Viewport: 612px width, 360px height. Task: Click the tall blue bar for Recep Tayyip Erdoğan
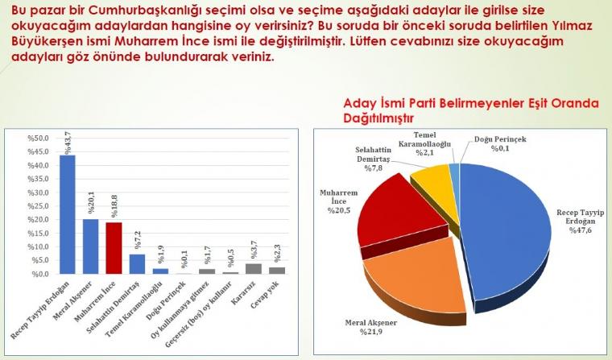[67, 214]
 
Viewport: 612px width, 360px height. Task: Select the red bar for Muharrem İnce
[114, 248]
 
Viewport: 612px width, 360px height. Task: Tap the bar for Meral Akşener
[90, 246]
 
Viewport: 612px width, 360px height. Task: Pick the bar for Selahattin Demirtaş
[137, 264]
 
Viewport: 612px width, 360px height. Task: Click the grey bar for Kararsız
[254, 269]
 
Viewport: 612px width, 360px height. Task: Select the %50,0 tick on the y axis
[38, 139]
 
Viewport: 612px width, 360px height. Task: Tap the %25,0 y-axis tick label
[38, 206]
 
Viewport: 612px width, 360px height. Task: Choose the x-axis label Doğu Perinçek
[165, 301]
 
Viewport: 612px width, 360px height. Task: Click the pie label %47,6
[581, 230]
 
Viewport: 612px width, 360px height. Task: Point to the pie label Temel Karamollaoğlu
[424, 140]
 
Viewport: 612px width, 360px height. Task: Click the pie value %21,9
[371, 332]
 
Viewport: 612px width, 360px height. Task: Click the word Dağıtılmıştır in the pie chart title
[378, 118]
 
